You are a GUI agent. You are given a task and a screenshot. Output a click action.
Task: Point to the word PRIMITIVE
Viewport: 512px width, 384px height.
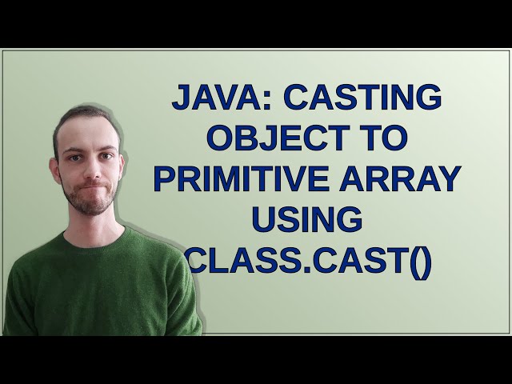click(x=248, y=178)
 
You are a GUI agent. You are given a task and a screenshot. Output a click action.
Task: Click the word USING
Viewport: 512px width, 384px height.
click(x=306, y=218)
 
